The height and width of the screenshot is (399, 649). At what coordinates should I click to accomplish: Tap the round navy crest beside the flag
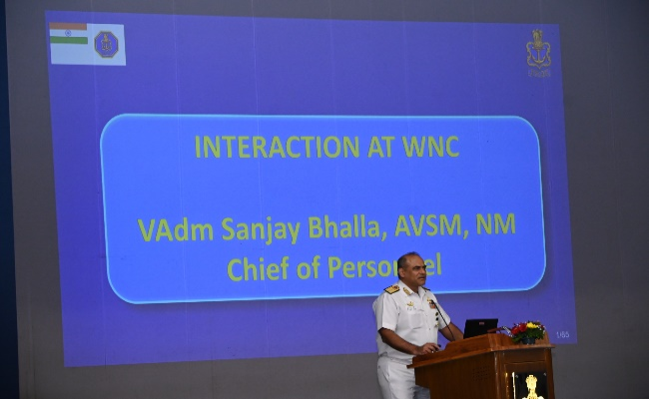[106, 44]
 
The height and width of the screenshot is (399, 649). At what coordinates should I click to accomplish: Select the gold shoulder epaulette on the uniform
[391, 289]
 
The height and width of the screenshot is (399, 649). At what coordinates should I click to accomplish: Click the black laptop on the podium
[480, 328]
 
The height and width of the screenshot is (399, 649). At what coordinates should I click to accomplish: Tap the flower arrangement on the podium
[526, 331]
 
